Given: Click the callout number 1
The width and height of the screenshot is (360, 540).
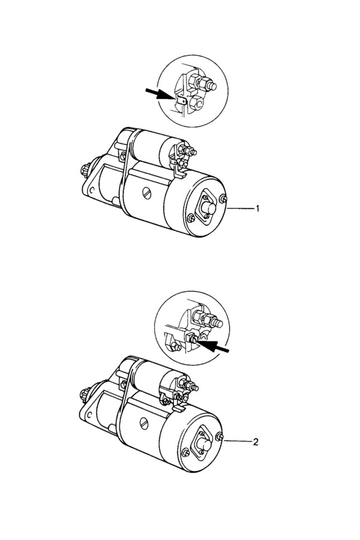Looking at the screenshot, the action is coord(257,208).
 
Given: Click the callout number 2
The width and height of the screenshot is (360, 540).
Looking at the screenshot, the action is coord(256,442).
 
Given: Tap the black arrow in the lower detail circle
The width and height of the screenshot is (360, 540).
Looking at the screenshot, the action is coord(214,346).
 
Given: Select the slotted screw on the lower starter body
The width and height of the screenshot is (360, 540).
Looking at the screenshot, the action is coord(145,422).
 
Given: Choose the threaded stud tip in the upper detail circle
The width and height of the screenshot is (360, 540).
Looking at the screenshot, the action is coord(212,86).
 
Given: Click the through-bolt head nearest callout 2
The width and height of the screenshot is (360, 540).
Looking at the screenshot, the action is coord(220,437).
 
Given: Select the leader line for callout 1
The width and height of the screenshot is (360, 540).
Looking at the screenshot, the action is coord(240,208).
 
